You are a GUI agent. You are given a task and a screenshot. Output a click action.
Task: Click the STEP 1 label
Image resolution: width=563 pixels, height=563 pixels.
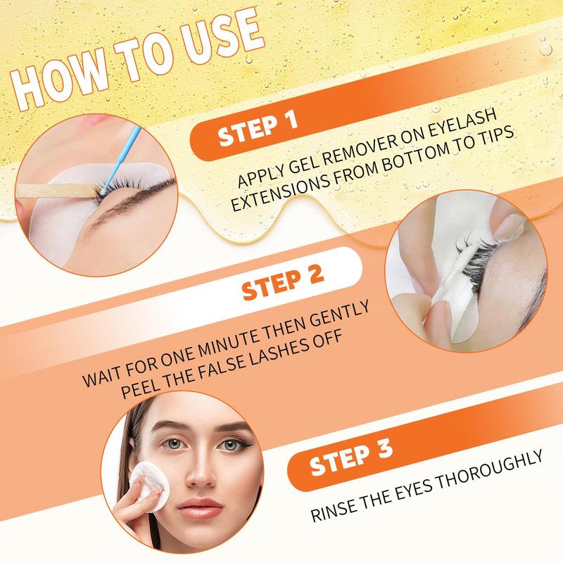tap(258, 129)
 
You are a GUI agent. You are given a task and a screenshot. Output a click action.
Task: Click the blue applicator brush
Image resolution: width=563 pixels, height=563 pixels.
tap(120, 160)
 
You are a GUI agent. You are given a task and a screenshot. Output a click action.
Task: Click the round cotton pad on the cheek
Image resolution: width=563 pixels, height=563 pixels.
tap(149, 486)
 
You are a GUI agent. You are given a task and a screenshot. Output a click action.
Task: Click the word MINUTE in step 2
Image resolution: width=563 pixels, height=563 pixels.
tap(229, 341)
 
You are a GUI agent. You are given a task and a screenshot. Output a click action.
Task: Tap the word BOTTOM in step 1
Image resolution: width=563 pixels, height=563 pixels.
tap(416, 158)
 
